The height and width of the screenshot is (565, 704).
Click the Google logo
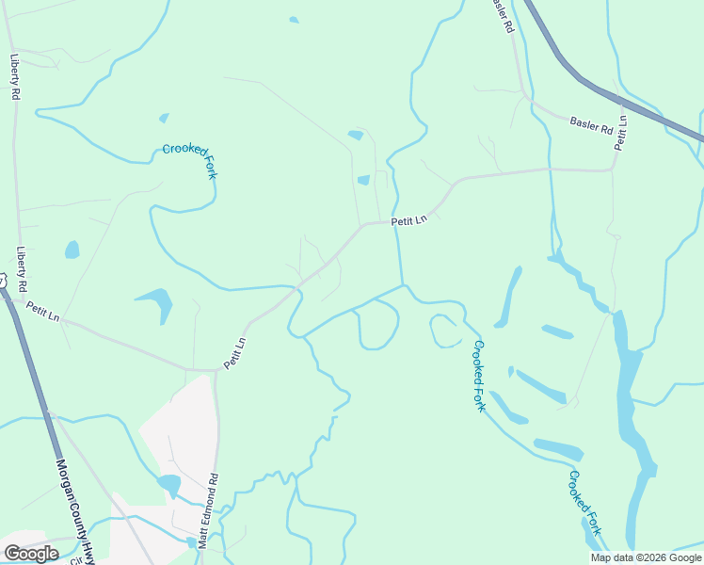[31, 553]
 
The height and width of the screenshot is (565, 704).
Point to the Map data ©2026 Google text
[646, 557]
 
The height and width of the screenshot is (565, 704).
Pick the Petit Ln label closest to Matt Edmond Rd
[234, 353]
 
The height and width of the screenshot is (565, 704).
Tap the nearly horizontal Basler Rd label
[592, 123]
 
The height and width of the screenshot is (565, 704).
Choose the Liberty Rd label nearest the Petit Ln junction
[22, 268]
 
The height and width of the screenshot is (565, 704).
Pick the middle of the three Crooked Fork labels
[479, 375]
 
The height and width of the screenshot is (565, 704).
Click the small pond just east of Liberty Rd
[72, 250]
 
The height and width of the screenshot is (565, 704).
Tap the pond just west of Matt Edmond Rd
[169, 485]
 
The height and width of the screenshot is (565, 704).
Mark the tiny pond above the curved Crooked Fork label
[164, 119]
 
